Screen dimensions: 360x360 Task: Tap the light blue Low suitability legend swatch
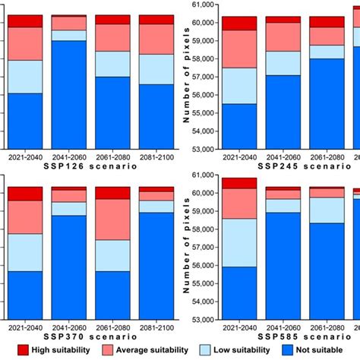[x=208, y=350]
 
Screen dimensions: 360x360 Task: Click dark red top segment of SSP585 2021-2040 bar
[x=238, y=183]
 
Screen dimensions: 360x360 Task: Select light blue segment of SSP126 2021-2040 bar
[x=25, y=76]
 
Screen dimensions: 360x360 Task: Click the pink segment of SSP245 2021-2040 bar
[x=238, y=49]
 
